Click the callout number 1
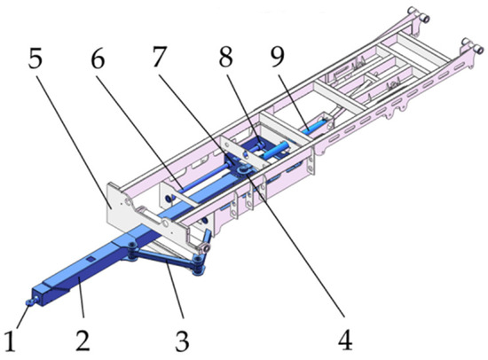pyautogui.click(x=10, y=341)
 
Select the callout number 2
pyautogui.click(x=83, y=340)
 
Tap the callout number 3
pyautogui.click(x=182, y=341)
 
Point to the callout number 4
pyautogui.click(x=345, y=340)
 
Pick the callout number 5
pyautogui.click(x=35, y=58)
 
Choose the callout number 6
pyautogui.click(x=98, y=58)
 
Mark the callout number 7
pyautogui.click(x=160, y=57)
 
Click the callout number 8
pyautogui.click(x=226, y=57)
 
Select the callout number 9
pyautogui.click(x=278, y=57)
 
